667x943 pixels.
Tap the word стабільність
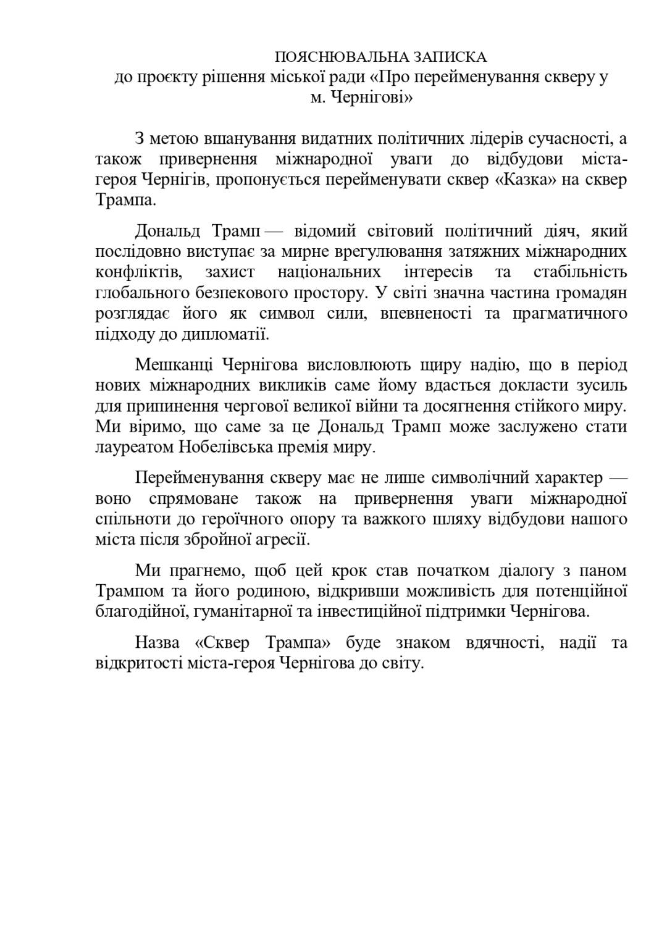click(x=580, y=272)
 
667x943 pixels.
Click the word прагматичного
click(x=570, y=313)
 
